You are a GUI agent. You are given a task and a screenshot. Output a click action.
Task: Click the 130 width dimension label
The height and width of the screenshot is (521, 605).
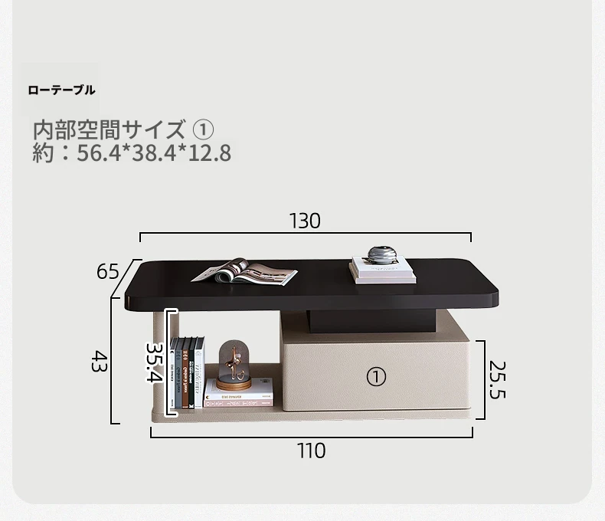point(305,221)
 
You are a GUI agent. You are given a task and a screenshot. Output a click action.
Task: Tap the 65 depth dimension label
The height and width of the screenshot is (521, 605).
point(108,271)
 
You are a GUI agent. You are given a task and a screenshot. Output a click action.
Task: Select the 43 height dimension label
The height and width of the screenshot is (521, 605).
point(99,361)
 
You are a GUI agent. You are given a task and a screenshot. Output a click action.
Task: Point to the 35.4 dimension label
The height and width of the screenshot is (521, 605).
point(155,362)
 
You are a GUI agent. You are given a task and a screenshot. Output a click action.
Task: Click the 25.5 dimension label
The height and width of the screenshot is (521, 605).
point(497,379)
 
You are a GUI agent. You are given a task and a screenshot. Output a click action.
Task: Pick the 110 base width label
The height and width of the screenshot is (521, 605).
point(311,451)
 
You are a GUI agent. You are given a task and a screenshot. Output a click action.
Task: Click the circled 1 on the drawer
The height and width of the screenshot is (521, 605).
point(376,377)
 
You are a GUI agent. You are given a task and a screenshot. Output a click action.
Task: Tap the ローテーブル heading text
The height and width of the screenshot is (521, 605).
point(61,90)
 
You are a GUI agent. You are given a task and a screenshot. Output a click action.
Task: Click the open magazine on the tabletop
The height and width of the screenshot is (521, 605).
point(244,272)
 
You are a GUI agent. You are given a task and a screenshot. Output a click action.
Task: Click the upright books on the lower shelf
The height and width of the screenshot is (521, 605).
point(187,372)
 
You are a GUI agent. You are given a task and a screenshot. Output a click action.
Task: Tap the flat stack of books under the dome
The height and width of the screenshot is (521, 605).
point(238,393)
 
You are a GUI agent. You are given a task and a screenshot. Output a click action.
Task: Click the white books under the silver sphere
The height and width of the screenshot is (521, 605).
point(383,270)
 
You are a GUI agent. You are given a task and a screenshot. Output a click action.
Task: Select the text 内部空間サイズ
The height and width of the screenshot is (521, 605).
point(110,129)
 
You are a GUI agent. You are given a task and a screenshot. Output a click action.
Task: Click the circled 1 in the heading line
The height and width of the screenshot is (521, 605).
point(203,130)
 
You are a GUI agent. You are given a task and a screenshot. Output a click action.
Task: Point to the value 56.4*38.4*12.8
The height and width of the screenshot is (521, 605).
point(154,152)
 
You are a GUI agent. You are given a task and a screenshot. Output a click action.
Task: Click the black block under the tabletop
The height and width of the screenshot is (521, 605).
point(372,321)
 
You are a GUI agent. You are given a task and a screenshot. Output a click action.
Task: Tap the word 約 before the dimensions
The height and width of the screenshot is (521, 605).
point(43,152)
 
